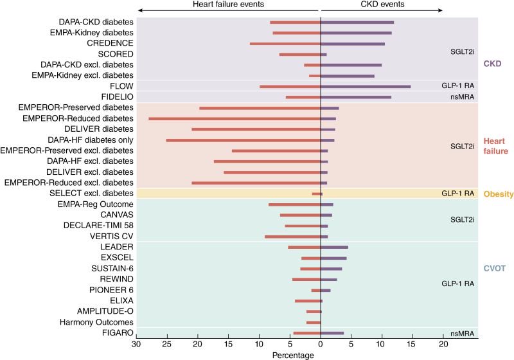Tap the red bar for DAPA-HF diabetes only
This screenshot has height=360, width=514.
point(244,139)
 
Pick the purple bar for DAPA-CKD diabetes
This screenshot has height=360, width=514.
point(357,22)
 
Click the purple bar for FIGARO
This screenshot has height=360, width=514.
point(332,333)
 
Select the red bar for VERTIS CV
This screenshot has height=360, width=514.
point(293,237)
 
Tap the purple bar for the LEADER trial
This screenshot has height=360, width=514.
point(334,247)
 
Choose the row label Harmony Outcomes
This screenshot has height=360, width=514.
point(96,322)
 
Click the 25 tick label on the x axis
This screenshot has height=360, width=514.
point(167,345)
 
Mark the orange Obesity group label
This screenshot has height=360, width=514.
point(496,194)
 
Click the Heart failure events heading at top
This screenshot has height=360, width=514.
point(229,4)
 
